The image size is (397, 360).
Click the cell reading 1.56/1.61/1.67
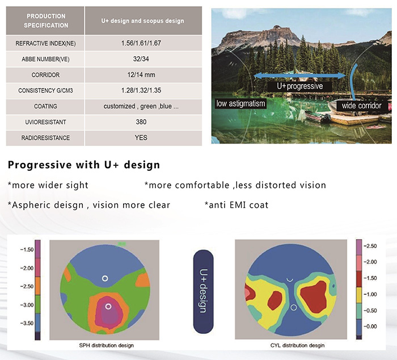(141, 43)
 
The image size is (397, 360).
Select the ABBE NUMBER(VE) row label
(45, 59)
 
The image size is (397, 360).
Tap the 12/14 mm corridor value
(141, 75)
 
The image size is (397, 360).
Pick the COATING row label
(45, 106)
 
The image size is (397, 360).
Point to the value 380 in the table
(141, 122)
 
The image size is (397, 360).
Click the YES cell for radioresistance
(141, 137)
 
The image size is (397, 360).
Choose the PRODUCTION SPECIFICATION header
(46, 21)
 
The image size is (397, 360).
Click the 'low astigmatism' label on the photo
(240, 103)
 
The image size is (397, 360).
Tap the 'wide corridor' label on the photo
(362, 106)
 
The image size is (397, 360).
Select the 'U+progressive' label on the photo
(300, 86)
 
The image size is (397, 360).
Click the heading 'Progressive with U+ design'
(84, 165)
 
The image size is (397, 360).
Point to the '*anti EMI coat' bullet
(236, 205)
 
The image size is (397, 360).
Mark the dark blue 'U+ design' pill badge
(203, 291)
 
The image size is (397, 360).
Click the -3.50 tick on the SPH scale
(27, 323)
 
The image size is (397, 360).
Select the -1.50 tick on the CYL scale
(370, 278)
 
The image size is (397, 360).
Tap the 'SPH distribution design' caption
(107, 345)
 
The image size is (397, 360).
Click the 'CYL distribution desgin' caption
(297, 345)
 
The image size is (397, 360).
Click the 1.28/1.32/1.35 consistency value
(141, 90)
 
